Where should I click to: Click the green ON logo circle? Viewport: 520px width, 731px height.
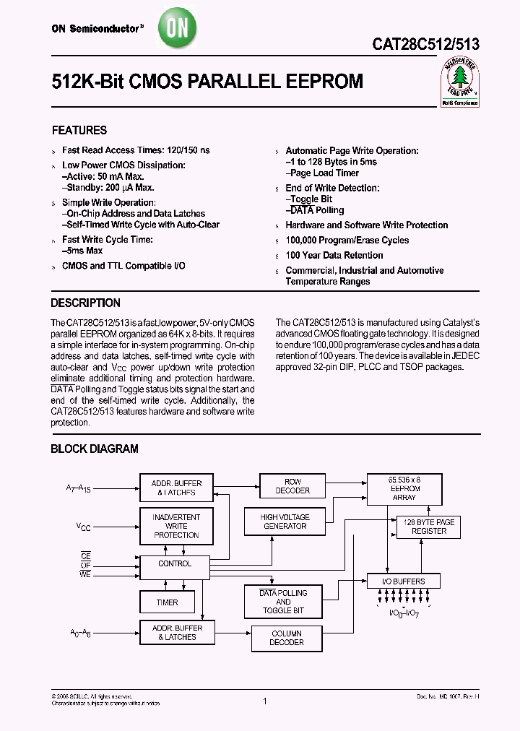175,28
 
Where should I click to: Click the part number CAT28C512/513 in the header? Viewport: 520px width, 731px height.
425,44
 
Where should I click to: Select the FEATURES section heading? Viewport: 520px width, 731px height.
79,131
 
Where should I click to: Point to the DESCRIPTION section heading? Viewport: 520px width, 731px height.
85,303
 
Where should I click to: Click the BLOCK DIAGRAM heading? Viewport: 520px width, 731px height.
94,449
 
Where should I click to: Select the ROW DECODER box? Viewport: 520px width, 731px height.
293,486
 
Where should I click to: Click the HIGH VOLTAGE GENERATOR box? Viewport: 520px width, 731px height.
285,522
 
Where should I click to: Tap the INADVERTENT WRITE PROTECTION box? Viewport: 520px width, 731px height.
176,526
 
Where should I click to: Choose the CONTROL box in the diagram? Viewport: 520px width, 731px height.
175,563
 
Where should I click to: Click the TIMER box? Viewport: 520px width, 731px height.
167,602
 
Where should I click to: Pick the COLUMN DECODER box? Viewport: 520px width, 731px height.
287,638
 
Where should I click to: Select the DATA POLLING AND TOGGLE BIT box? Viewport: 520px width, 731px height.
283,602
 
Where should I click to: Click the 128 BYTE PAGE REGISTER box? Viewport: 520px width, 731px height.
429,527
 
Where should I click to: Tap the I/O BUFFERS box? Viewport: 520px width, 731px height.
403,581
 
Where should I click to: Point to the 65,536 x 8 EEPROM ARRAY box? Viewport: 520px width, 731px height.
403,489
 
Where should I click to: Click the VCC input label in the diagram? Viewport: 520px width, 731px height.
84,527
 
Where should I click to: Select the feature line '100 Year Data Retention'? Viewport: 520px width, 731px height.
334,256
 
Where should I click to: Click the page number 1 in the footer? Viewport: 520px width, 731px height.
266,701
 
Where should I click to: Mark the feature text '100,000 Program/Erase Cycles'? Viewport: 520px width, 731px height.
347,241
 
